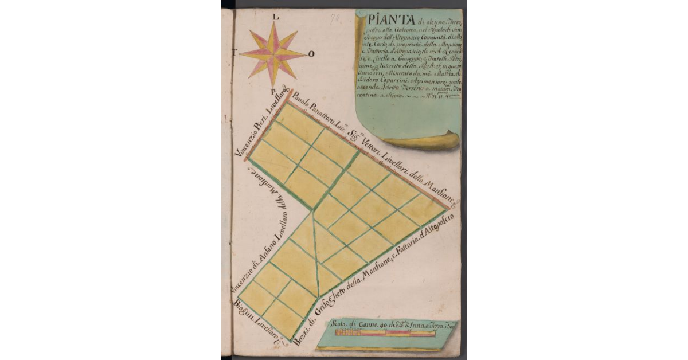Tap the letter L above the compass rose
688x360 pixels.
pos(276,17)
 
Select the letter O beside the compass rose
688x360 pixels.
pos(311,54)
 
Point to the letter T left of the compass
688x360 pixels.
pos(234,51)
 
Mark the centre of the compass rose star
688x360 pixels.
pos(273,53)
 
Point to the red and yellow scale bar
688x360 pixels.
pos(378,333)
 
